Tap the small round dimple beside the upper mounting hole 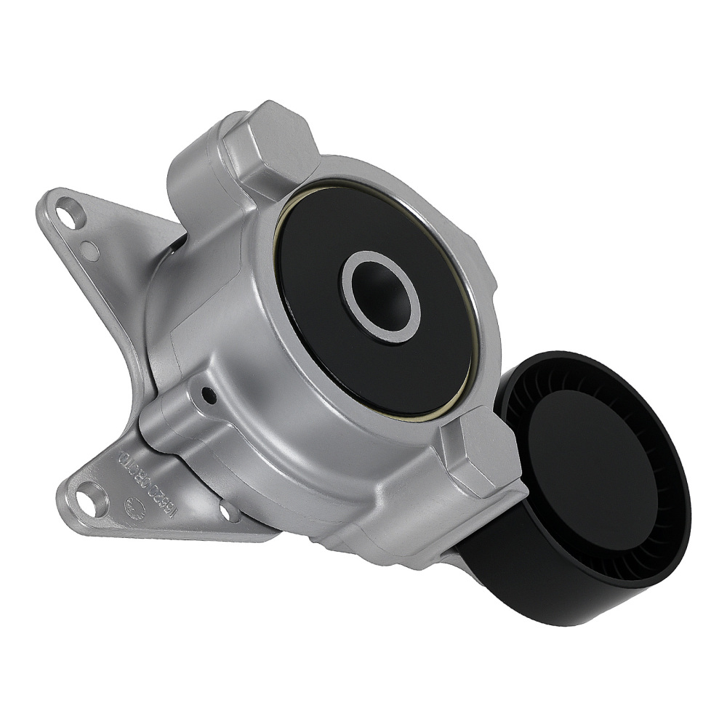(90, 251)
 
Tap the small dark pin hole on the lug (209, 396)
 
